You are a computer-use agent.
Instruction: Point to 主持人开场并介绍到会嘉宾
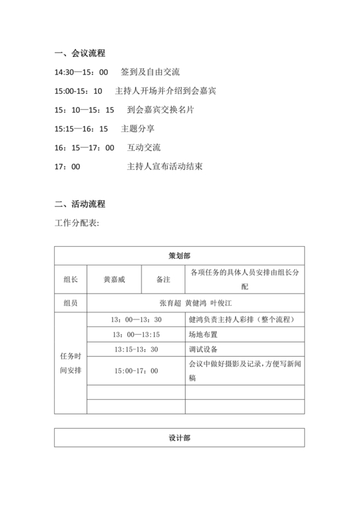[165, 91]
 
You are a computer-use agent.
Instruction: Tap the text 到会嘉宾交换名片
[161, 110]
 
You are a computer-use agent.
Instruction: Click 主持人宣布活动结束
[165, 166]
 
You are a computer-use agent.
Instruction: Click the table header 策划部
[179, 255]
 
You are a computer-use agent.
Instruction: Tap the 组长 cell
[71, 280]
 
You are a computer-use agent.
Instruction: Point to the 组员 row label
[71, 303]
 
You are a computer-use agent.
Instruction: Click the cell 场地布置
[203, 334]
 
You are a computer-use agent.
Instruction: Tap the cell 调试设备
[203, 349]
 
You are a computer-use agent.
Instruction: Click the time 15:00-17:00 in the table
[136, 370]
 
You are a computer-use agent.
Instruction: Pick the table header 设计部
[179, 438]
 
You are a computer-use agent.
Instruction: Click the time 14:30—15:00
[82, 72]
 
